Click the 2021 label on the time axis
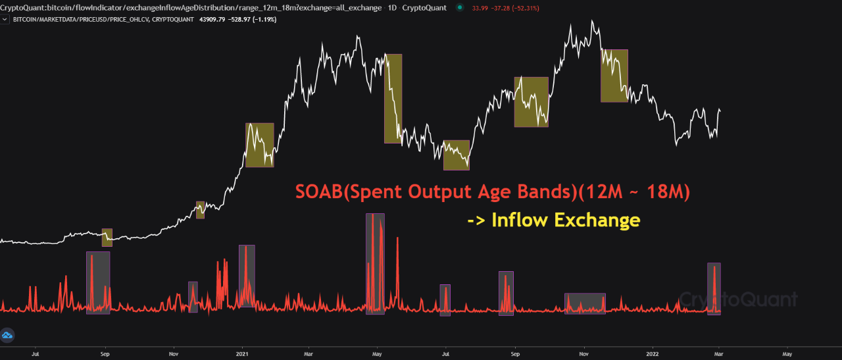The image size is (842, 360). click(x=242, y=354)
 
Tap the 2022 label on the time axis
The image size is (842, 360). click(x=652, y=354)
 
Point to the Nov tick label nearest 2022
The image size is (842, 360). click(x=583, y=354)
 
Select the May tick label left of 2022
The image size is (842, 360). click(x=377, y=354)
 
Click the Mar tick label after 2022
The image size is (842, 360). click(x=719, y=354)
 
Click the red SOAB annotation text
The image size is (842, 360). click(x=493, y=192)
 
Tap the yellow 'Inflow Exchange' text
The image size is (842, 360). click(x=554, y=220)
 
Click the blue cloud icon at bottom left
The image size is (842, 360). click(x=7, y=335)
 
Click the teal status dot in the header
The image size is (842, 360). click(x=459, y=7)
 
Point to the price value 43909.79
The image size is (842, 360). click(x=212, y=19)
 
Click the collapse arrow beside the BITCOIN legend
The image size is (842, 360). click(x=5, y=19)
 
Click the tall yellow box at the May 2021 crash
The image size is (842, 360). click(x=393, y=99)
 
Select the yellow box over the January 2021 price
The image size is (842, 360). click(x=260, y=145)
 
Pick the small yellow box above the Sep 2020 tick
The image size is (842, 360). click(x=107, y=238)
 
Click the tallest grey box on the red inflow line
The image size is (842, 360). click(x=375, y=264)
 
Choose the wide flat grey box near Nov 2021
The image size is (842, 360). click(x=585, y=303)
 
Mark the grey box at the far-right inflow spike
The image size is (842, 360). click(x=714, y=289)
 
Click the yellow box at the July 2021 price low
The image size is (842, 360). click(x=457, y=155)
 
